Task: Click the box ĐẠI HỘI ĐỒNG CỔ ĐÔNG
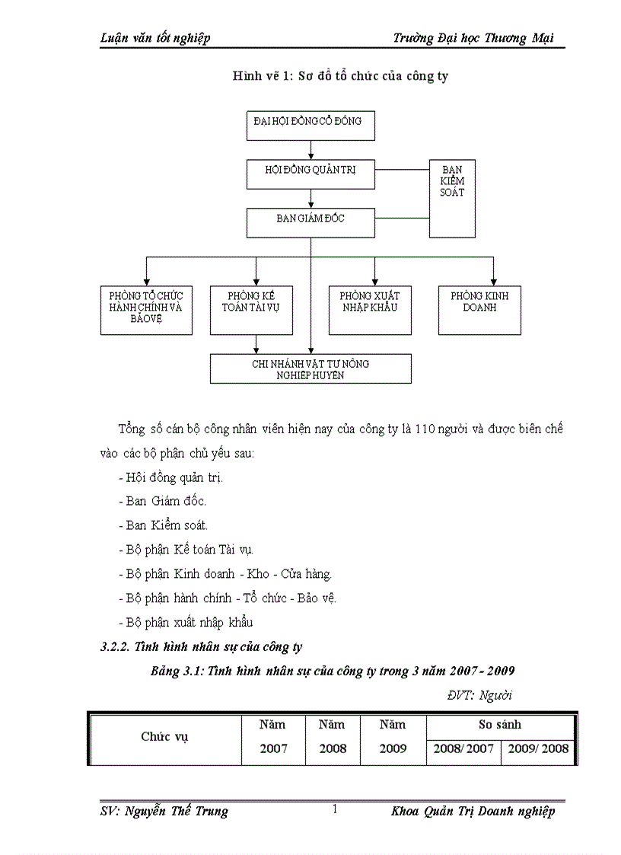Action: tap(310, 125)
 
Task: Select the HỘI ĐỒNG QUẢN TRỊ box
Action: tap(310, 174)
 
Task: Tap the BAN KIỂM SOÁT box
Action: tap(452, 198)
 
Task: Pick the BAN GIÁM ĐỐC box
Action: tap(310, 222)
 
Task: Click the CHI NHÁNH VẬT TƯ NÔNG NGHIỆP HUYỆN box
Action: tap(310, 368)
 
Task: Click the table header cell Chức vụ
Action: tap(165, 737)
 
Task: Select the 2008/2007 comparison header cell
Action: tap(463, 749)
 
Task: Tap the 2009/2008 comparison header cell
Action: tap(538, 749)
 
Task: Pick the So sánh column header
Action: tap(500, 725)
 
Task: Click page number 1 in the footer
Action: tap(335, 810)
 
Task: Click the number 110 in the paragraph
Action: tap(425, 429)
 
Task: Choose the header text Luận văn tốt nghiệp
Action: tap(155, 38)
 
